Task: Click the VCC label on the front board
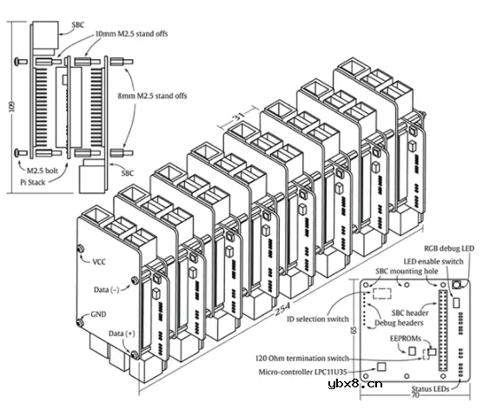pos(99,262)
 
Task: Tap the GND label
pos(98,314)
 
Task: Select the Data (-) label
pos(106,290)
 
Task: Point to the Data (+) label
pos(122,333)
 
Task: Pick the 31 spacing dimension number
pos(238,117)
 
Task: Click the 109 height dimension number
pos(12,107)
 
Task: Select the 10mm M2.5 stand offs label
pos(131,34)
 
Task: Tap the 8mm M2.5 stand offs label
pos(152,96)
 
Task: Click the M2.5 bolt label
pos(43,171)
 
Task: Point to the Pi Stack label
pos(33,183)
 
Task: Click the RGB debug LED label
pos(449,249)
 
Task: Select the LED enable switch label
pos(433,262)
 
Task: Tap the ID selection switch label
pos(318,319)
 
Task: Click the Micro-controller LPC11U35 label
pos(302,372)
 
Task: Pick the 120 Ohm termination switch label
pos(302,359)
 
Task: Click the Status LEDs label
pos(430,389)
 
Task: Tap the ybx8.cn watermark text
pos(355,384)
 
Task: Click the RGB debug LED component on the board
pos(457,285)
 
